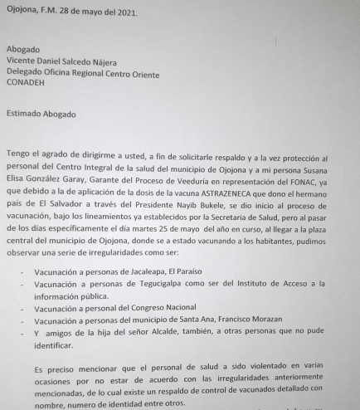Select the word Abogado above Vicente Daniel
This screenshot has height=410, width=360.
tap(23, 49)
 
